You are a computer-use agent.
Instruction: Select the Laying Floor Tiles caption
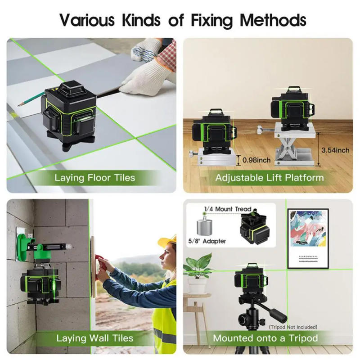[x=94, y=177]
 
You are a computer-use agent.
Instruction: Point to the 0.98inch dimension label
[x=256, y=160]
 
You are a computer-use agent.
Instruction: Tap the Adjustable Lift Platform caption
[x=269, y=177]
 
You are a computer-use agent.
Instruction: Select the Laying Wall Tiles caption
[x=94, y=338]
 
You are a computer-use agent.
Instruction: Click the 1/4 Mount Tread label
[x=228, y=209]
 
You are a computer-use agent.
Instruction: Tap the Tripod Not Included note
[x=293, y=327]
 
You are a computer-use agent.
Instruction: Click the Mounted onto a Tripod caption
[x=265, y=338]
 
